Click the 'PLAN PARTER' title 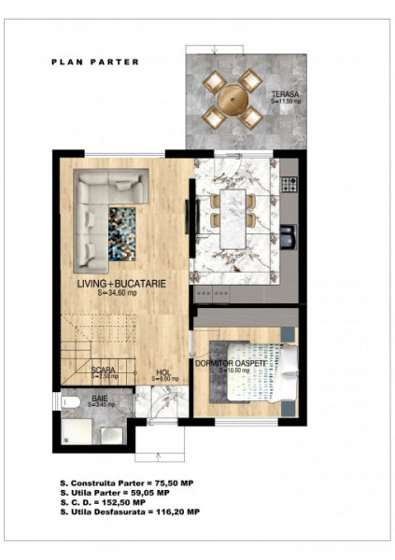click(x=94, y=63)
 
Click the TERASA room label click(x=285, y=96)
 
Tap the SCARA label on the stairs click(x=104, y=371)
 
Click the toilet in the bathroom click(x=71, y=402)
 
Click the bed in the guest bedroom click(x=266, y=378)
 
